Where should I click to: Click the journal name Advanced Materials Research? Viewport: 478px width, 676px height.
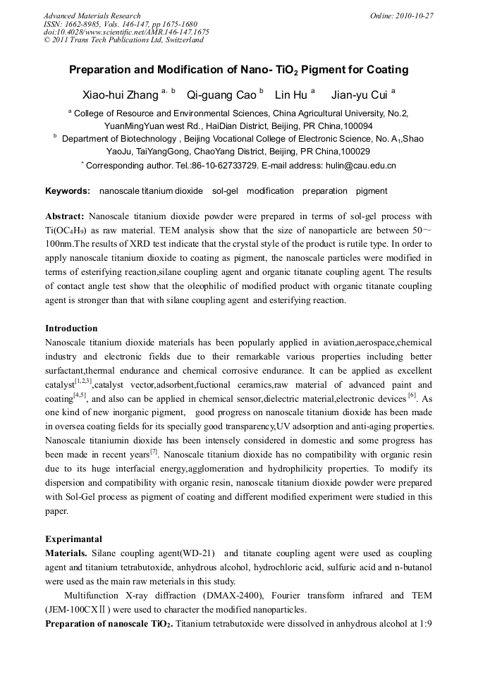[92, 16]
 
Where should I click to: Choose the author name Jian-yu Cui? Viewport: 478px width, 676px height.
[359, 94]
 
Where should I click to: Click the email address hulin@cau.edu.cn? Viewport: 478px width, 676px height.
[360, 166]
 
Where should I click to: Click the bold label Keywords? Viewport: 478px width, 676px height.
[68, 191]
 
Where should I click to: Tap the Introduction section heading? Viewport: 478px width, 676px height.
[71, 328]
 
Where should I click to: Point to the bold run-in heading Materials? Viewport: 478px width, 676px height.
[67, 553]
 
